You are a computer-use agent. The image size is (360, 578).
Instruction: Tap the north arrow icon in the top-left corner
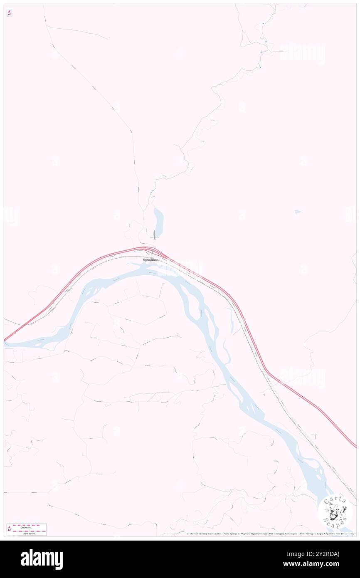(9, 13)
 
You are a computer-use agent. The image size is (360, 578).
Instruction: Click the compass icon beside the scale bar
(9, 529)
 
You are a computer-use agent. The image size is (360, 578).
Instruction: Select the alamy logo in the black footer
(42, 559)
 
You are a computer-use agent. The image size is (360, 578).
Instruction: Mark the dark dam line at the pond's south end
(155, 235)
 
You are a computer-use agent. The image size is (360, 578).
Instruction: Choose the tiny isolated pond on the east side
(298, 212)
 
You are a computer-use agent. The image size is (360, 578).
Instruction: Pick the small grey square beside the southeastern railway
(264, 394)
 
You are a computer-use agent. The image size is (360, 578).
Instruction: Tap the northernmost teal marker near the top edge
(263, 23)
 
